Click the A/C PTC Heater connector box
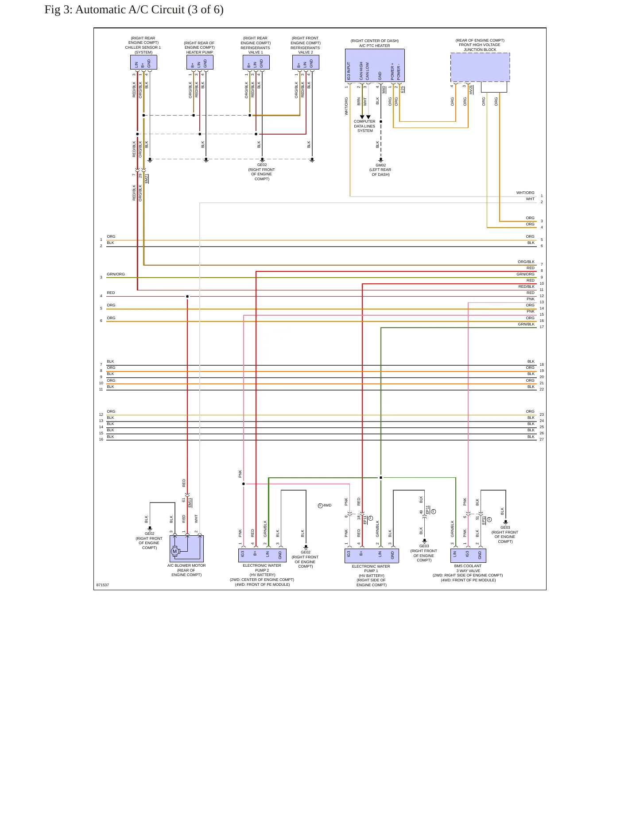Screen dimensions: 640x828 point(375,65)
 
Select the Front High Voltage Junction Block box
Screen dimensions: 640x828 point(480,67)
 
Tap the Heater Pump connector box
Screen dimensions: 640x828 point(200,62)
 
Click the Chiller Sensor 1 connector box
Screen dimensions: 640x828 point(144,62)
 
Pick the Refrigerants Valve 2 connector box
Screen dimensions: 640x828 point(306,62)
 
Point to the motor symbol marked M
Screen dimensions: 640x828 point(175,551)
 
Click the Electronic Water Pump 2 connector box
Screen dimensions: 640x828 point(262,555)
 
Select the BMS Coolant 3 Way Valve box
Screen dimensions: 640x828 point(468,555)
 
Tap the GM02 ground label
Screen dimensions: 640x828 point(380,165)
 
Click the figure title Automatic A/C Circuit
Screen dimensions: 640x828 point(134,10)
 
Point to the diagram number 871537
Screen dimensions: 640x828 point(103,585)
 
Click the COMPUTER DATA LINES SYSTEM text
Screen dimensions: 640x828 point(365,126)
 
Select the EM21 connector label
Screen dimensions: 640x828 point(147,178)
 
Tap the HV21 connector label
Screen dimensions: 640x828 point(471,89)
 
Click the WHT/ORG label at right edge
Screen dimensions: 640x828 point(525,193)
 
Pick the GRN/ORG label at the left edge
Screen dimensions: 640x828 point(116,274)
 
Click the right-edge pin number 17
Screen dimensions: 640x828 point(542,327)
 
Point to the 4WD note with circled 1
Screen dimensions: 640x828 point(325,505)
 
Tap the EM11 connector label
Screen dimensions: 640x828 point(190,503)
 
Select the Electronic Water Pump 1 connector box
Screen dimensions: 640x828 point(372,556)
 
